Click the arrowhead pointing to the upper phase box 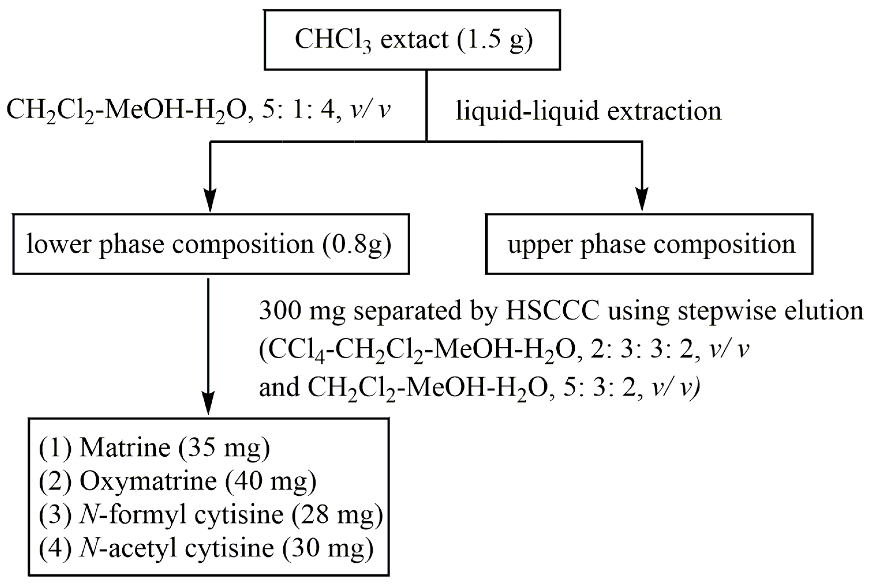pyautogui.click(x=642, y=199)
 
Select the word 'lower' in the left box pyautogui.click(x=58, y=245)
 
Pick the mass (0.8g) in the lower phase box pyautogui.click(x=357, y=245)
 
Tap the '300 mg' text pyautogui.click(x=302, y=311)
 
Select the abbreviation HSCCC pyautogui.click(x=552, y=311)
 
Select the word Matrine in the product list pyautogui.click(x=125, y=447)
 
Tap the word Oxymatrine pyautogui.click(x=148, y=481)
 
